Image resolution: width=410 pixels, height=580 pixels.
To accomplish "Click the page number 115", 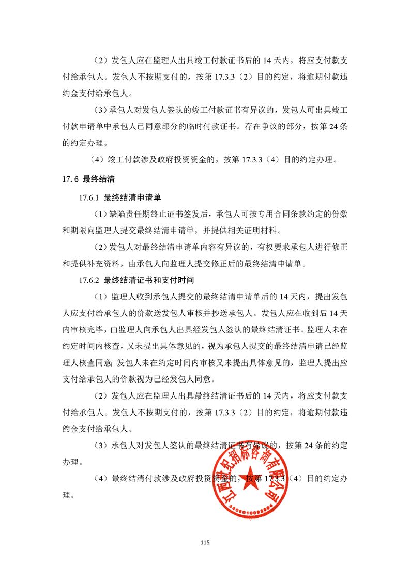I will coord(205,542).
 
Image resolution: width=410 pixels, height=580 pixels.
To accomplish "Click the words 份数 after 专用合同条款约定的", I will coord(339,213).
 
